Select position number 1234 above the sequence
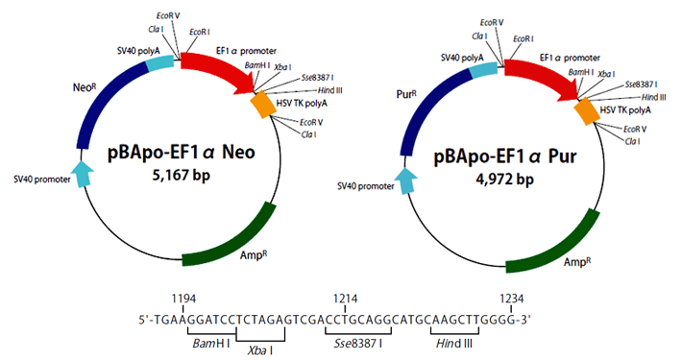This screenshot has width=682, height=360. (516, 300)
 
